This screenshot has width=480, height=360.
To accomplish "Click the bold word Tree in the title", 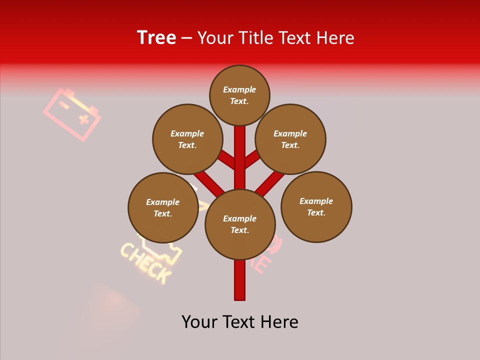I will pos(156,37).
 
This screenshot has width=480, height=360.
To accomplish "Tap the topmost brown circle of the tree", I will pos(239,95).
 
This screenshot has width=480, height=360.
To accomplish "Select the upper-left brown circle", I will pos(187,139).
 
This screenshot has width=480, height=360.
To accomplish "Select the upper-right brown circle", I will pos(290,139).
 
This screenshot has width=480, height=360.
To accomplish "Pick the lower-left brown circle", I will pos(163,207).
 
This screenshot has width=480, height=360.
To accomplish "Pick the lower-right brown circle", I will pos(316,206).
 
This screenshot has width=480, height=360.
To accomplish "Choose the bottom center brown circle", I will pos(240,224).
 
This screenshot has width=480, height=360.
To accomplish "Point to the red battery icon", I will pos(72,114).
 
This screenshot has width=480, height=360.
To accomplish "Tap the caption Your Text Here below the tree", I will pos(240,321).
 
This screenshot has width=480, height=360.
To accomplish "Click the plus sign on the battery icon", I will pos(83,119).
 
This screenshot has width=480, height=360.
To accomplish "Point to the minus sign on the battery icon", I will pos(64,104).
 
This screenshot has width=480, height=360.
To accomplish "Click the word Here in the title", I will pos(334,38).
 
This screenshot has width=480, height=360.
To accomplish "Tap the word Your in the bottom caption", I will pos(199,321).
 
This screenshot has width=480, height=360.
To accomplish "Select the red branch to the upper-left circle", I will pos(226,159).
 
